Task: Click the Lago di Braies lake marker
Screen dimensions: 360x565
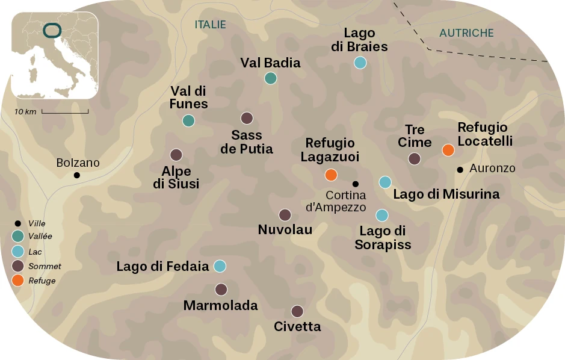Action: coord(360,62)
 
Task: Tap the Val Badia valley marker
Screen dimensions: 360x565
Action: coord(271,78)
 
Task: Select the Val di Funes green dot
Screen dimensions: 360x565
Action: coord(188,120)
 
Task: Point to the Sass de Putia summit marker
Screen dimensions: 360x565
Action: coord(247,118)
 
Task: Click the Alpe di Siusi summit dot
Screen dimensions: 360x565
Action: coord(176,155)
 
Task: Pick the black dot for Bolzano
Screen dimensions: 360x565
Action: coord(77,175)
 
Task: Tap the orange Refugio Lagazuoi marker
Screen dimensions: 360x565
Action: coord(330,175)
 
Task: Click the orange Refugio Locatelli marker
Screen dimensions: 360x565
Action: coord(448,150)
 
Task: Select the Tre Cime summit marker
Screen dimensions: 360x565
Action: coord(414,159)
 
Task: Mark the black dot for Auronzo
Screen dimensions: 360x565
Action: coord(460,170)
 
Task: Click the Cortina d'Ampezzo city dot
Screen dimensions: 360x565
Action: coord(355,184)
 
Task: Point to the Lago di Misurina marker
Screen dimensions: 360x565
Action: coord(385,182)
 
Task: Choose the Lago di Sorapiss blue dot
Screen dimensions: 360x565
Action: coord(381,215)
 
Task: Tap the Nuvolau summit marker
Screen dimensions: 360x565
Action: coord(285,215)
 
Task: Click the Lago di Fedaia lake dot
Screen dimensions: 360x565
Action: coord(220,265)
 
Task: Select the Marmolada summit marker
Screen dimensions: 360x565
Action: coord(221,290)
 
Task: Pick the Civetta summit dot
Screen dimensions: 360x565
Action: coord(297,311)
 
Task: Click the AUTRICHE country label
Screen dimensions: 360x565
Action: coord(466,33)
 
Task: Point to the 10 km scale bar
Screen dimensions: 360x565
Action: coord(65,112)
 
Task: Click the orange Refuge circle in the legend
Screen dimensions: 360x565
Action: coord(18,280)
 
